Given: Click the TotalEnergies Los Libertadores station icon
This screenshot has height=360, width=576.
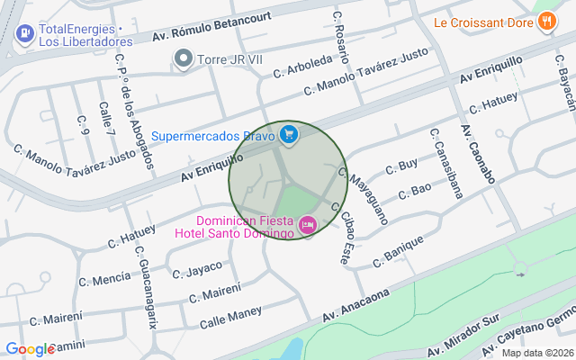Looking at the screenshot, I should click(24, 34).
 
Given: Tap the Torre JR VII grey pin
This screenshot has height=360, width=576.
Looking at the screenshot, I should click(184, 60).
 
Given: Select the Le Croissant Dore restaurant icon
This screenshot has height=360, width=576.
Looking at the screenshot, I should click(546, 22).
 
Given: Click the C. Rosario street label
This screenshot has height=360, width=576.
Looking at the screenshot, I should click(340, 30).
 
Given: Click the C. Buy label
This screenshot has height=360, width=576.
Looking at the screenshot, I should click(401, 166).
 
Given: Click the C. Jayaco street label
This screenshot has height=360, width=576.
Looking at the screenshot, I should click(196, 268).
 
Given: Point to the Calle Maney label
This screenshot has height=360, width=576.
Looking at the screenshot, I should click(231, 316).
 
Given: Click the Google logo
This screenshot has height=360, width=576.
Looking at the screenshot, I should click(30, 349).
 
